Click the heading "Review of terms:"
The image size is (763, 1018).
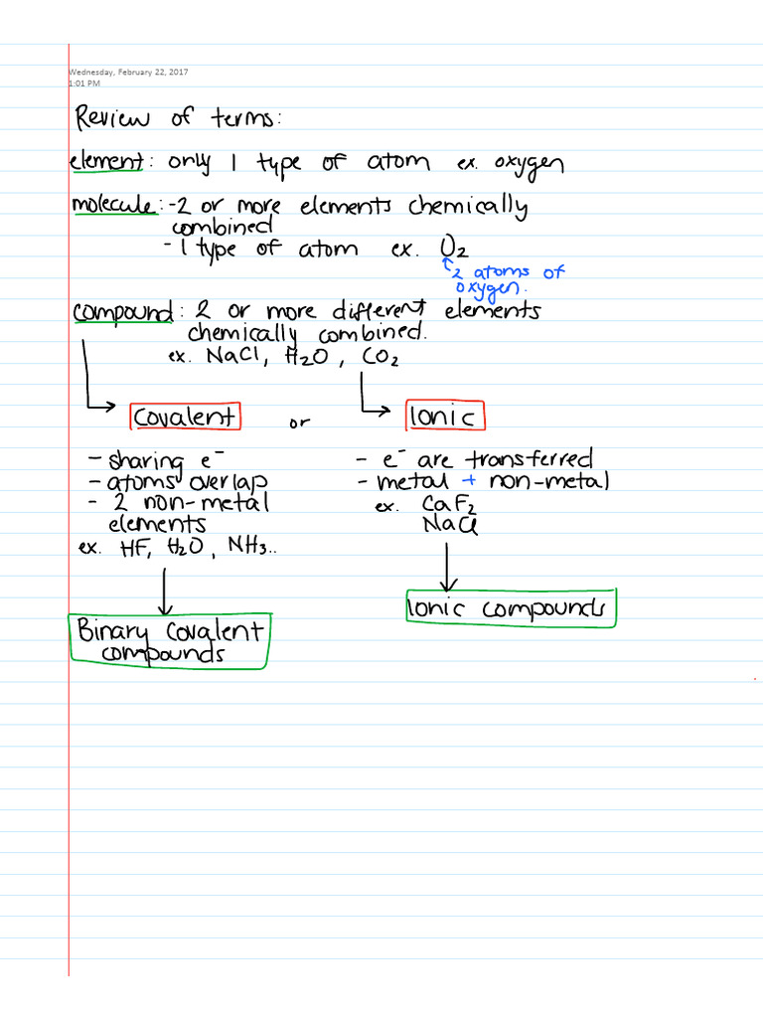pos(178,119)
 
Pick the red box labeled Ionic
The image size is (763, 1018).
pos(445,416)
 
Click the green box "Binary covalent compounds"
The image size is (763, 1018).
pos(169,641)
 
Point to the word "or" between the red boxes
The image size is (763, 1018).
pos(299,424)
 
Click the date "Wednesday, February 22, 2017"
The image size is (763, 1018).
pos(128,72)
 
